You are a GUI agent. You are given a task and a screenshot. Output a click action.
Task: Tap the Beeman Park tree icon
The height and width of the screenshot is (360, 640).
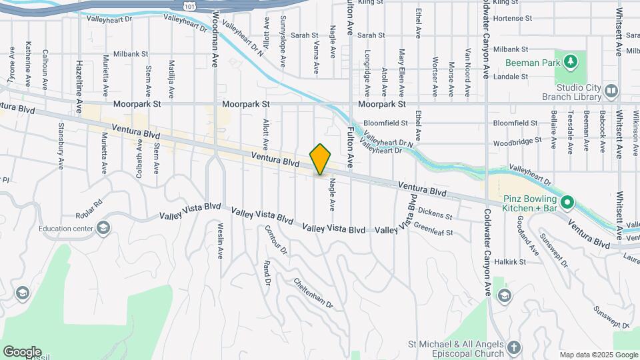[569, 63]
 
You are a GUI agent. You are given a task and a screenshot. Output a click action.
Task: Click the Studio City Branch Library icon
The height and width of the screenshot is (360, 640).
[612, 91]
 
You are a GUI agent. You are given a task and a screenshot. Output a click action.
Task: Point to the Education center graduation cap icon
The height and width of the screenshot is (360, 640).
[103, 229]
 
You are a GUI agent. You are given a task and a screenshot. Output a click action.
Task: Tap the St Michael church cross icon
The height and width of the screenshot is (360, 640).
[514, 347]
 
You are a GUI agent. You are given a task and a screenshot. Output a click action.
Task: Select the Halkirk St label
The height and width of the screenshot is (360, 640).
[510, 262]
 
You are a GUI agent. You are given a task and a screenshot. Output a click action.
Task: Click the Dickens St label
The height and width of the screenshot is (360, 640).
[435, 214]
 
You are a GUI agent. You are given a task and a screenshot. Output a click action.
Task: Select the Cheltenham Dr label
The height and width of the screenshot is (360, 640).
[314, 291]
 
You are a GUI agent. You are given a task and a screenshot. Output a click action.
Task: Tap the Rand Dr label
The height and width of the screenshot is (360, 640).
[267, 273]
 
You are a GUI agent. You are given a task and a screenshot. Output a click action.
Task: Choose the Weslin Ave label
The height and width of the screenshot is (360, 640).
[220, 240]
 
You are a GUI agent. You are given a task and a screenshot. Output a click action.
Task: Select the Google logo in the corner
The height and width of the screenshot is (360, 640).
[22, 351]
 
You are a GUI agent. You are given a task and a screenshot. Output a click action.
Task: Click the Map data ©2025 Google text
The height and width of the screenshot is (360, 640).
[597, 355]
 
